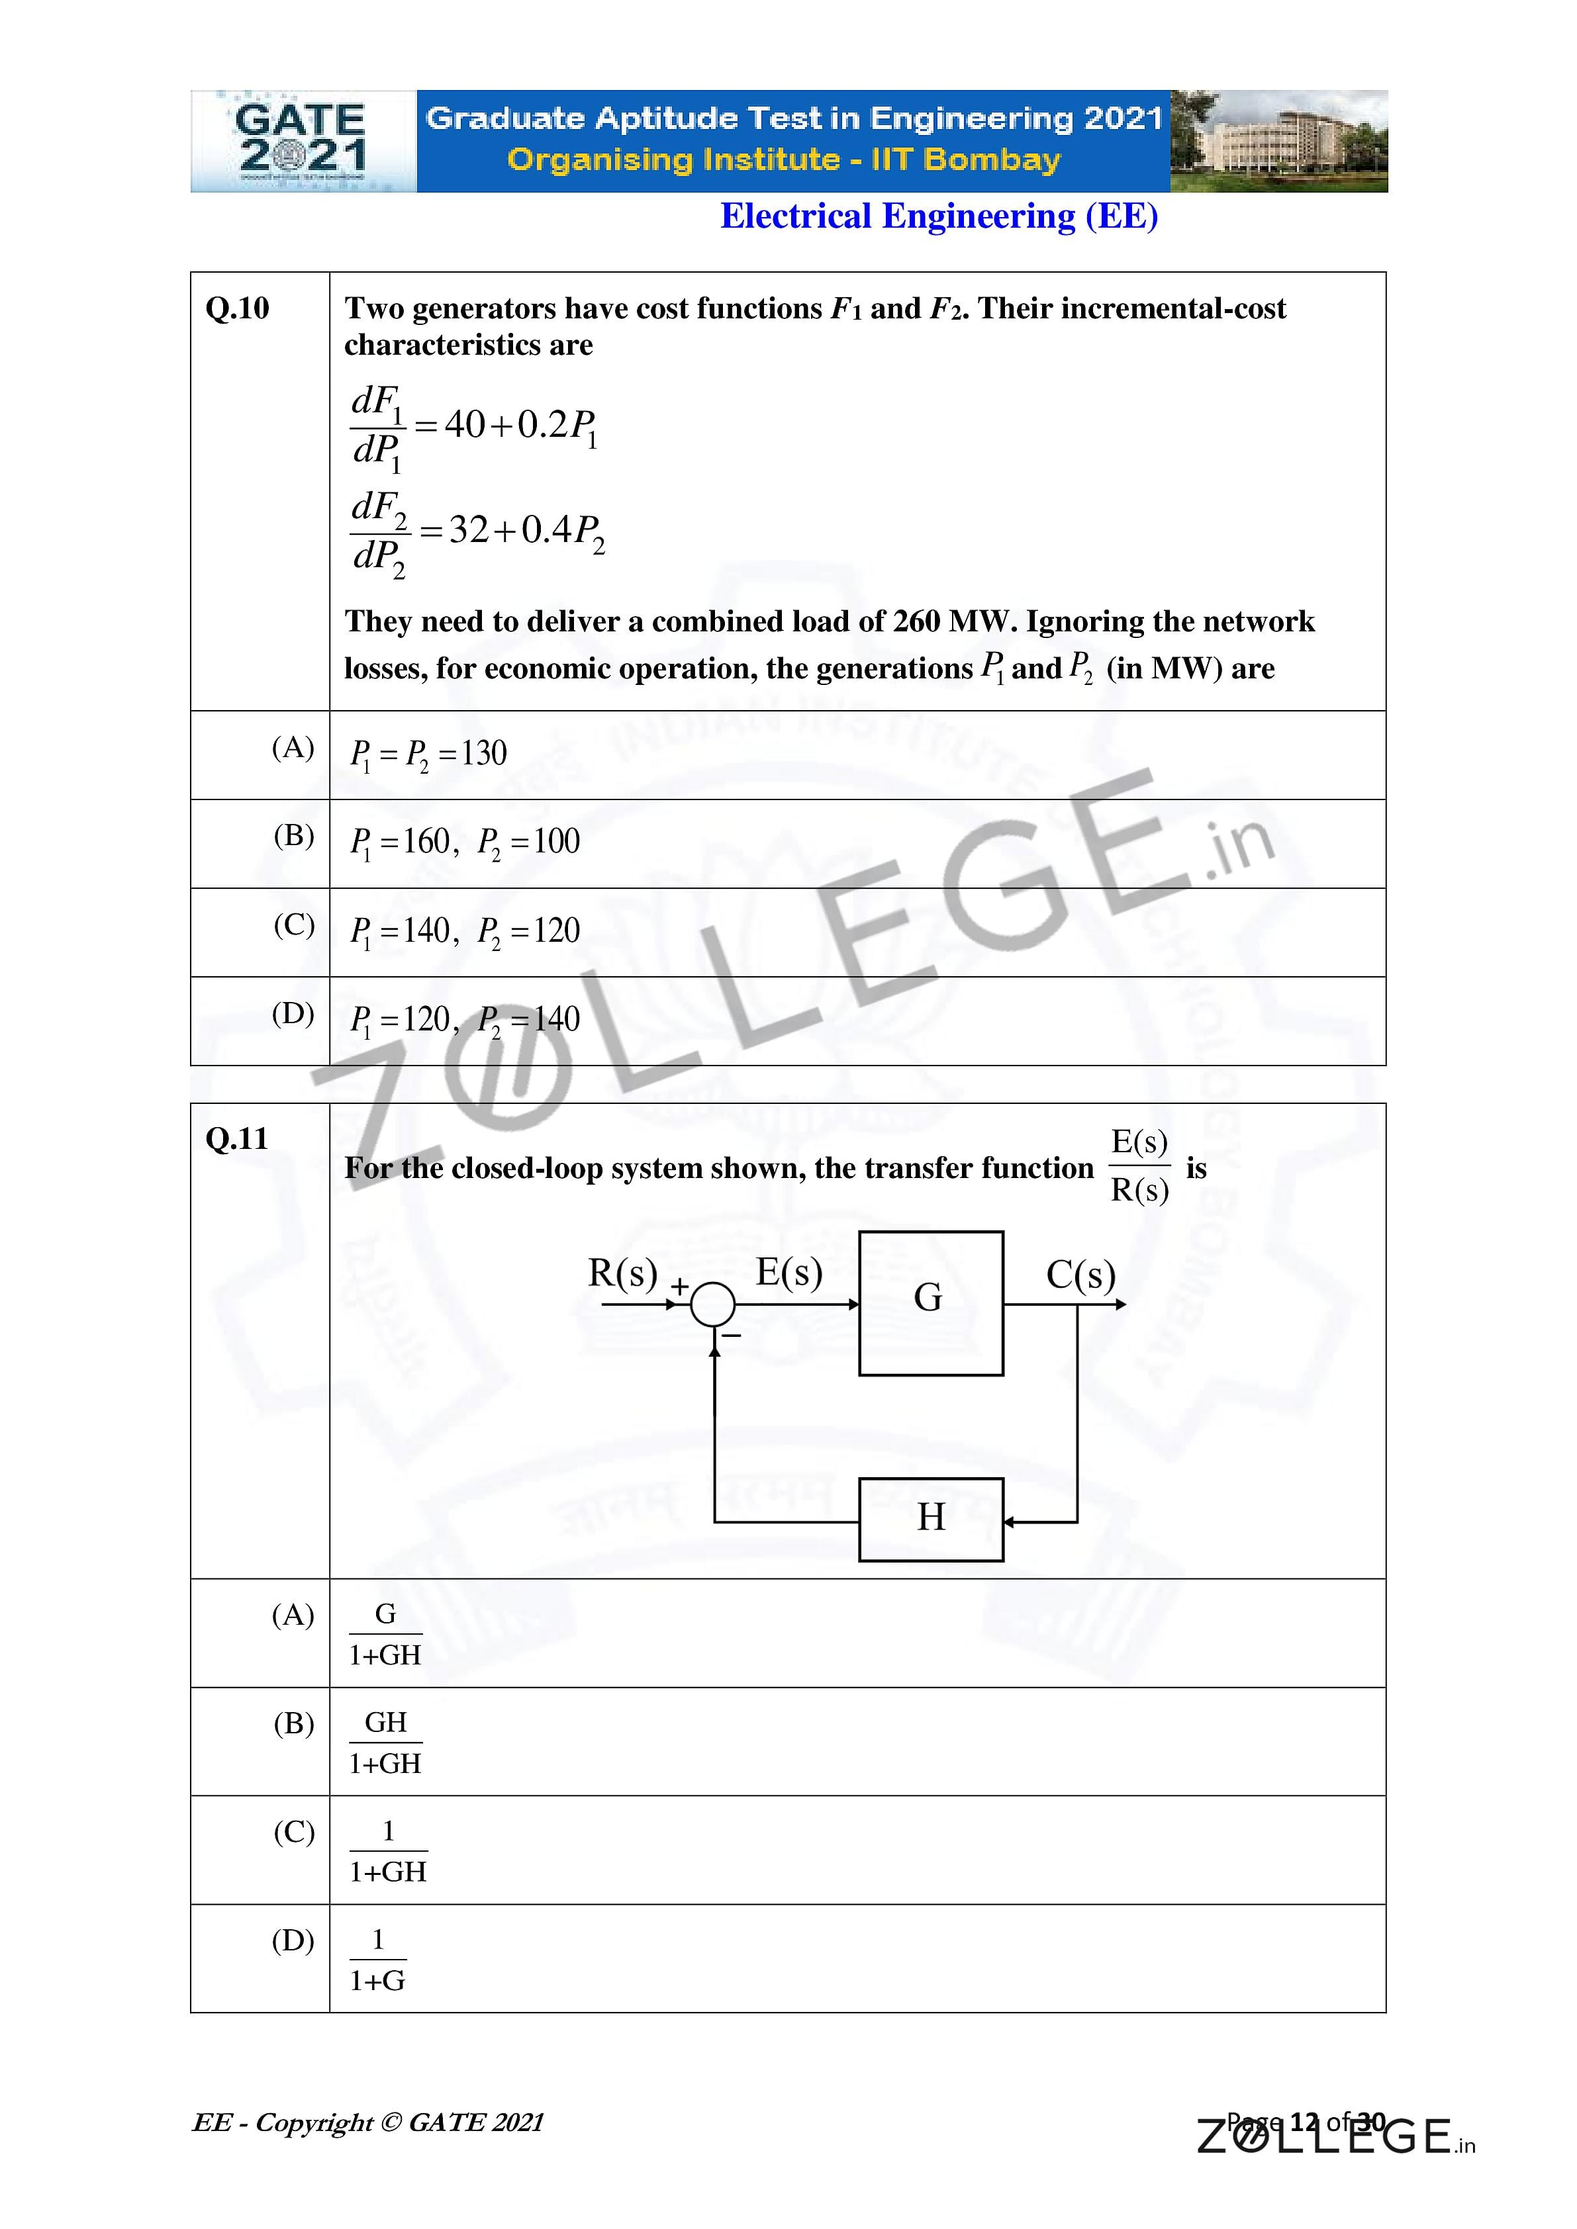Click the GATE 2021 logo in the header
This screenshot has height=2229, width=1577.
click(x=302, y=142)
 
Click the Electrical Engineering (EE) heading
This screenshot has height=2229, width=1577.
click(x=938, y=216)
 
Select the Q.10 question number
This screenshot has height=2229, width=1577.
click(x=237, y=308)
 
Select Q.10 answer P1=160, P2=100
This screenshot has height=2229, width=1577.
click(x=464, y=842)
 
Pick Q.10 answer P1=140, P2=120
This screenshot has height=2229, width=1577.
click(x=464, y=932)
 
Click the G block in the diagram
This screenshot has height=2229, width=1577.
click(x=930, y=1303)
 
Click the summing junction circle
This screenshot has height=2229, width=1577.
click(x=713, y=1304)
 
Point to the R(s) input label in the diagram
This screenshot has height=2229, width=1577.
click(x=622, y=1273)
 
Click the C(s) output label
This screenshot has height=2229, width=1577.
click(x=1080, y=1275)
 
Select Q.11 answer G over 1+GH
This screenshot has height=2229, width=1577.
click(x=385, y=1634)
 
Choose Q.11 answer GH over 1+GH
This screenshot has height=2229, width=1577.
click(x=385, y=1743)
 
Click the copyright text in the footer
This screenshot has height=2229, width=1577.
click(x=368, y=2123)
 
